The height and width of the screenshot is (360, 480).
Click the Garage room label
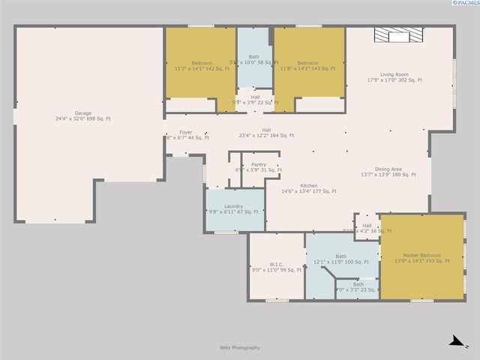pos(82,113)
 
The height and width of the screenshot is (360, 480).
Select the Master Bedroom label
pos(422,255)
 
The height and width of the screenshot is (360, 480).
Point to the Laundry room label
pos(233,205)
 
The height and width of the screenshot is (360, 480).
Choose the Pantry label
pos(259,164)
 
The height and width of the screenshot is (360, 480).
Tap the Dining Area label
pos(391,169)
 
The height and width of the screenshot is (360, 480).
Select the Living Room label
pos(394,74)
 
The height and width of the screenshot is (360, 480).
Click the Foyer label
pos(185,132)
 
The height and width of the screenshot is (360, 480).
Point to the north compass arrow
pos(454,341)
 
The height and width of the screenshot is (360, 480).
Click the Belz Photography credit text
pos(240,347)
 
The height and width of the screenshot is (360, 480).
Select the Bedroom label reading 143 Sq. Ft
pos(307,63)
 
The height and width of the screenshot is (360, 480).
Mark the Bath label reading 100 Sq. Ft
pos(341,256)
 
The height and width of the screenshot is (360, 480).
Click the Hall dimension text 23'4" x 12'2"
pos(266,136)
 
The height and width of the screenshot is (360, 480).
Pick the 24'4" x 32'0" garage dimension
pos(82,118)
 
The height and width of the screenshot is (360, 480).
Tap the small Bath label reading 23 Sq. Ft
pos(358,284)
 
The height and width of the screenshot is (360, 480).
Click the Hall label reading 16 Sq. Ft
pos(367,225)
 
